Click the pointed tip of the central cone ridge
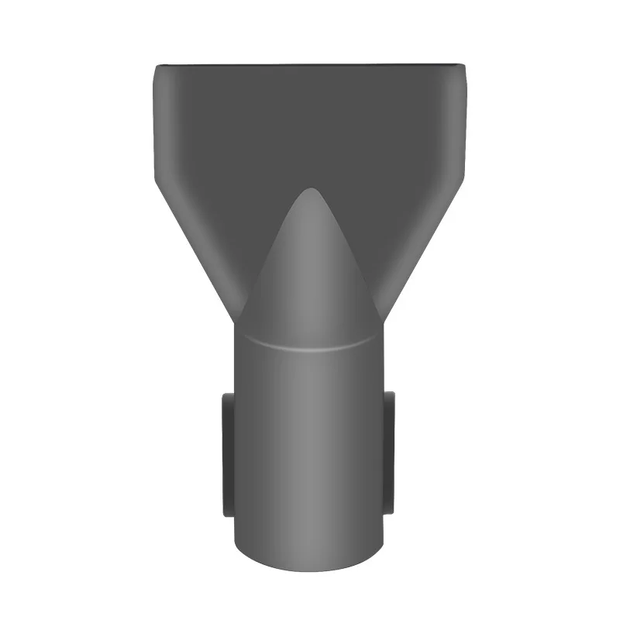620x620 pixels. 309,188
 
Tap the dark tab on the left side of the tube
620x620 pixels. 227,454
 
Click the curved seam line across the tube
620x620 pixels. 309,346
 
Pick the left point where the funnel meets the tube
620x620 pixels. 235,322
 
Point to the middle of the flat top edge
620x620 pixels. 310,65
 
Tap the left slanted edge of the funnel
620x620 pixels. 194,248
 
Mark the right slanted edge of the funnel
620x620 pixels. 426,248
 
